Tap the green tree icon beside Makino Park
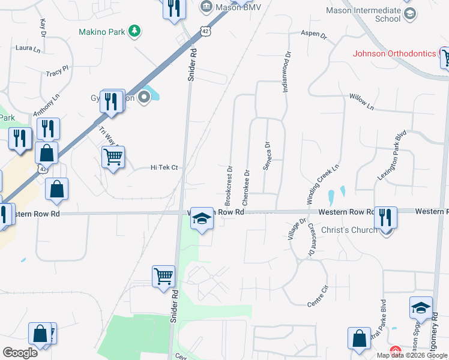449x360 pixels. (136, 31)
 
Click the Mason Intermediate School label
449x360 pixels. (371, 14)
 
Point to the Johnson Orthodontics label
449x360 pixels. (394, 53)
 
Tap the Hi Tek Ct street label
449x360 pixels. (164, 168)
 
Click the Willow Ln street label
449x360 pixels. (361, 101)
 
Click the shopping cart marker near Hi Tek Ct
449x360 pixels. (113, 158)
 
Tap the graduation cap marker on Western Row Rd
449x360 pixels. (202, 220)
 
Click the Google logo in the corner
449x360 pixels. (20, 353)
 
